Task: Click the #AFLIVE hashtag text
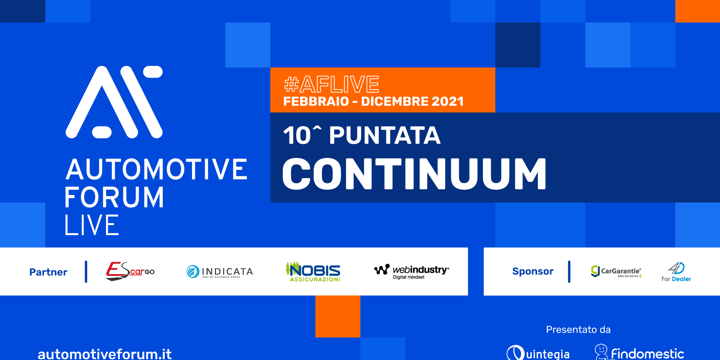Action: tap(331, 84)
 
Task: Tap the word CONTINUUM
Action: tap(414, 174)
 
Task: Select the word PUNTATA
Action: tap(385, 135)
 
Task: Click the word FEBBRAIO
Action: tap(316, 101)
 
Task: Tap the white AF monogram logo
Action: tap(114, 102)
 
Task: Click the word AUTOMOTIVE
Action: tap(156, 169)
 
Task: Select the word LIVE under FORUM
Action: tap(92, 225)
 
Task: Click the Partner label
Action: tap(48, 272)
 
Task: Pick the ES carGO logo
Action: tap(130, 271)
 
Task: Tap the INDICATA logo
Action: tap(220, 271)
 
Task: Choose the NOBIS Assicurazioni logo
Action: tap(313, 271)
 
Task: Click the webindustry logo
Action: tap(411, 271)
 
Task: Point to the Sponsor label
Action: tap(532, 271)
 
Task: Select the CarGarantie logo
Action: tap(616, 271)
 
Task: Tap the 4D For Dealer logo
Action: tap(676, 272)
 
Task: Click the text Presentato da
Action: tap(578, 330)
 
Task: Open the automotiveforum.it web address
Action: tap(105, 354)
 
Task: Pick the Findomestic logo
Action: tap(640, 352)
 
